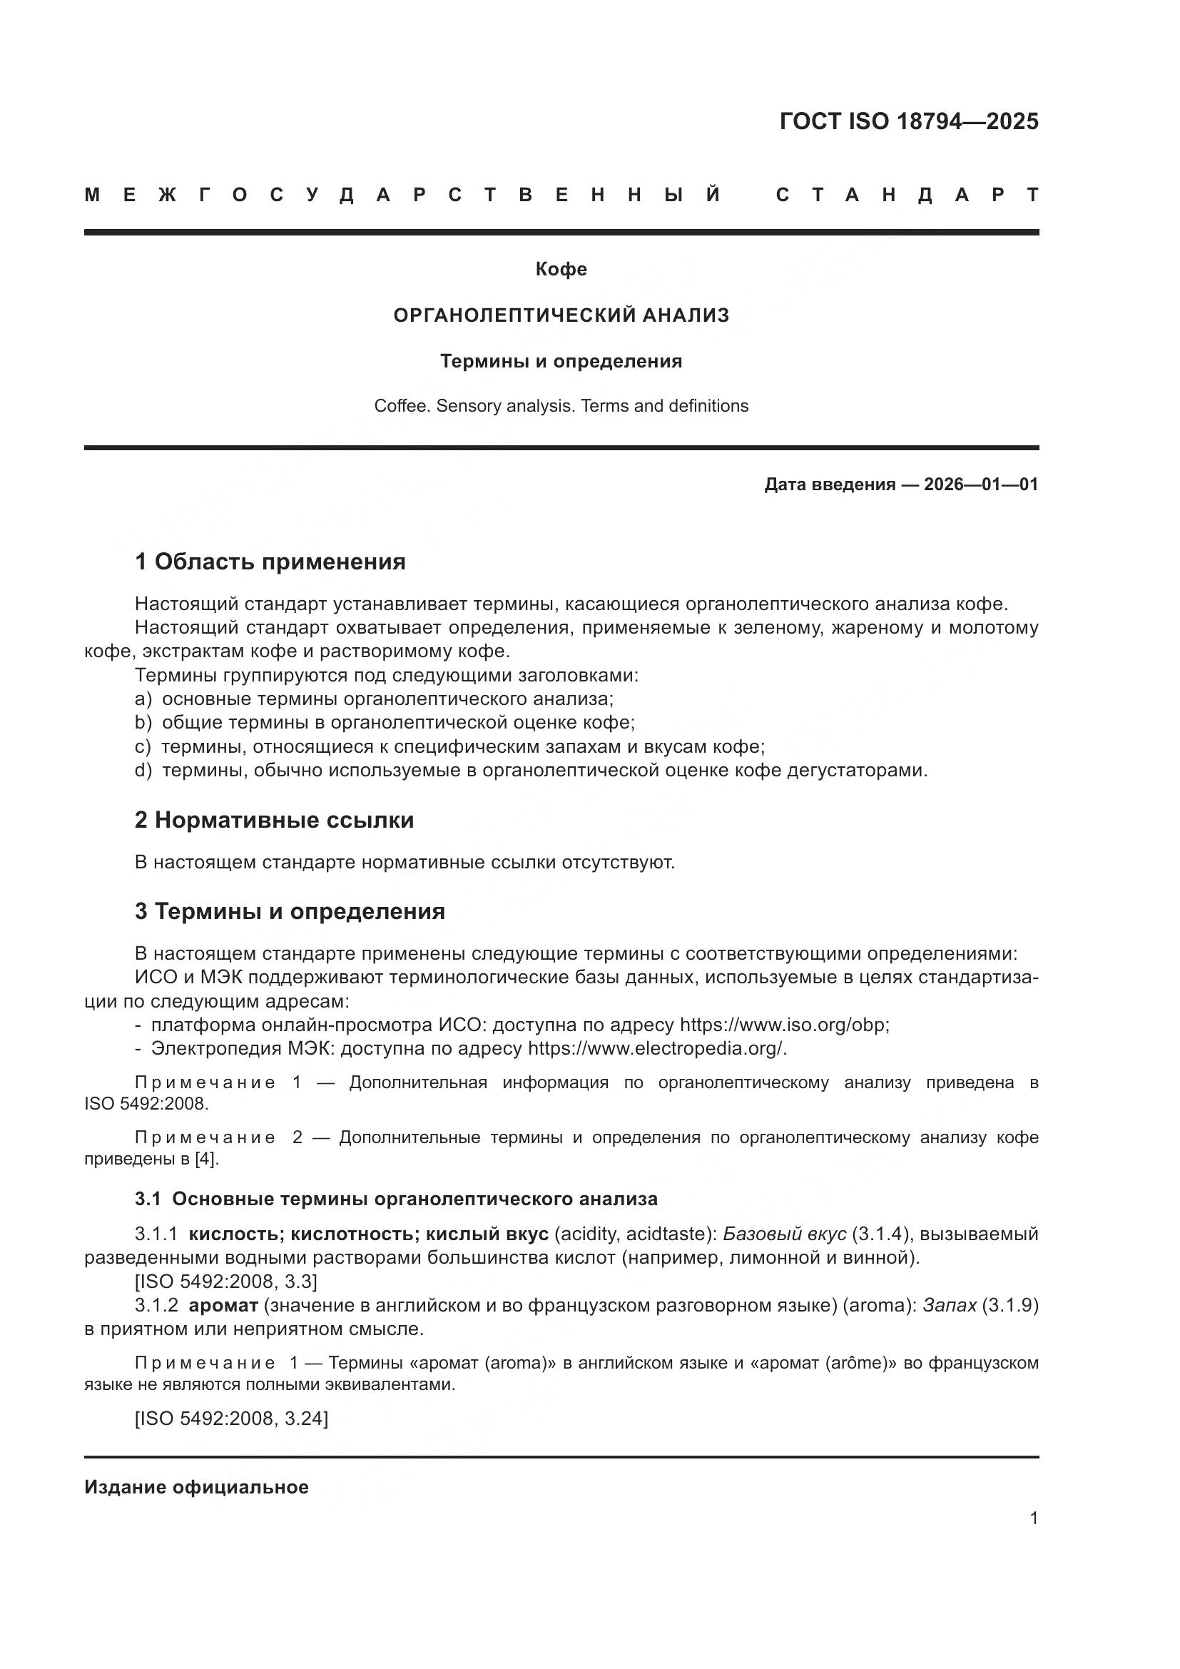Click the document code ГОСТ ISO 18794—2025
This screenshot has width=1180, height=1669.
908,121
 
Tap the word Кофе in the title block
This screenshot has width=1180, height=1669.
561,270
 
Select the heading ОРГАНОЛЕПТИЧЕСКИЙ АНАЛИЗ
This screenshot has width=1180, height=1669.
561,315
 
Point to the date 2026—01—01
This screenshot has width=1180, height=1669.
980,485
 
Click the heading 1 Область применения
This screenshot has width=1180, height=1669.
270,562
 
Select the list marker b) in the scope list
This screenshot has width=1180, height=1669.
143,723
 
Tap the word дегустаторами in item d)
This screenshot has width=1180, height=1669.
858,770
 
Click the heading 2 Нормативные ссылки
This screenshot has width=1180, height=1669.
274,820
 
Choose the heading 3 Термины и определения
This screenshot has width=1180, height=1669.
289,911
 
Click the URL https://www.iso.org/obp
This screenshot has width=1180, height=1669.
783,1025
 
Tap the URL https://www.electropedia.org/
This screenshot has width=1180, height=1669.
656,1049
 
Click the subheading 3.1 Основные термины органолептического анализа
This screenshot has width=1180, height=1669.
396,1199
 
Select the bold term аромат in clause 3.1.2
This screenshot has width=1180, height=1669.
223,1306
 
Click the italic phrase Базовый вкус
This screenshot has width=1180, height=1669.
784,1234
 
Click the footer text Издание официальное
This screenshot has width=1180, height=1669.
196,1487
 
